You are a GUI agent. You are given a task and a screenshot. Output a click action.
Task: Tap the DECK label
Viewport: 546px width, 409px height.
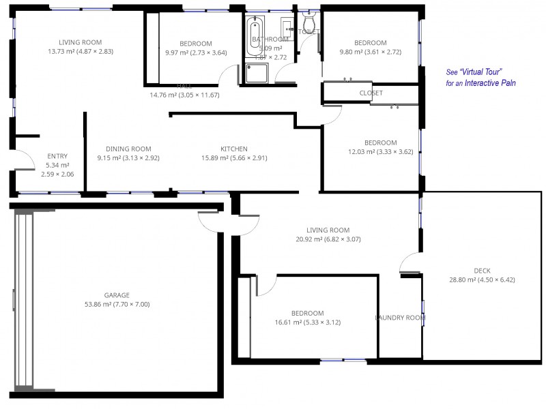tap(482, 271)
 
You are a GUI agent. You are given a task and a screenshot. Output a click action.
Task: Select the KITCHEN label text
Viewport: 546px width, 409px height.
tap(233, 149)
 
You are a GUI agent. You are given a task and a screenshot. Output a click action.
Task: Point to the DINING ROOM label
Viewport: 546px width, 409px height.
tap(128, 149)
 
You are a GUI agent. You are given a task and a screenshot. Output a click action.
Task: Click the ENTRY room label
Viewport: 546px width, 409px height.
tap(57, 156)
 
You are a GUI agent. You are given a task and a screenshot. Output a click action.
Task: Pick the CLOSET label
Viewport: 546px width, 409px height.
tap(371, 93)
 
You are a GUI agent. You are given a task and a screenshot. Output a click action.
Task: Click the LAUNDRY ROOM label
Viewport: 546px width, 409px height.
tap(400, 318)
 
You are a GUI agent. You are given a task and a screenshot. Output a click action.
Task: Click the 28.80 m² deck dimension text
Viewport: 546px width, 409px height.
tap(482, 279)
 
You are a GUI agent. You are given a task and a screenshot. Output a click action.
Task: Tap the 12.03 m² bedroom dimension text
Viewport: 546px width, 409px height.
tap(380, 152)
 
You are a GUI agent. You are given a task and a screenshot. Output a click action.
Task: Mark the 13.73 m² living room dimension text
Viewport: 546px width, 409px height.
tap(81, 52)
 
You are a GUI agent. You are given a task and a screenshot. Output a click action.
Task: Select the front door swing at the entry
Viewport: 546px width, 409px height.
tap(25, 160)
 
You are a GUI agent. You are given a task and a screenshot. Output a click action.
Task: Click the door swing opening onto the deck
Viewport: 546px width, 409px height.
tap(410, 262)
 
